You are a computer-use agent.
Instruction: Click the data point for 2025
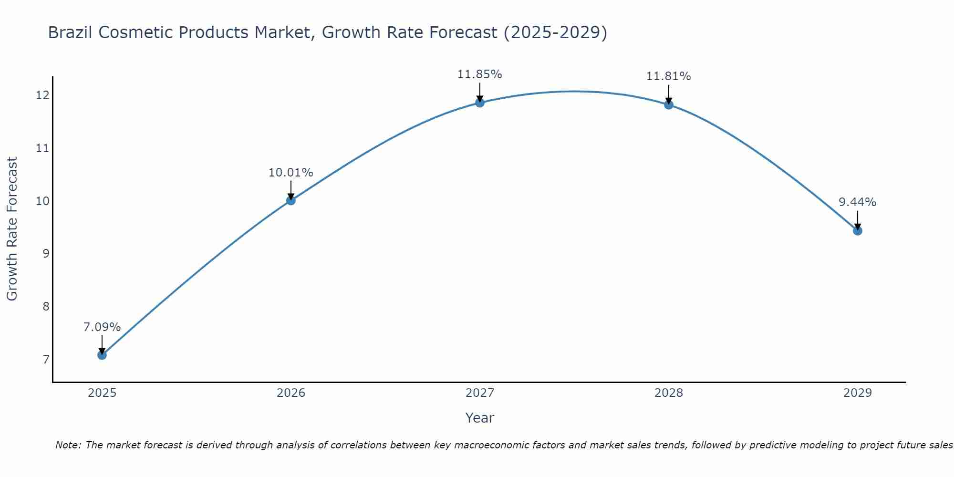click(x=102, y=355)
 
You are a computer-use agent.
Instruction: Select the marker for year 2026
click(x=291, y=200)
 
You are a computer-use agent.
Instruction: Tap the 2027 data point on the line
click(x=480, y=103)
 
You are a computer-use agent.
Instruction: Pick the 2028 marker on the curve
click(x=669, y=104)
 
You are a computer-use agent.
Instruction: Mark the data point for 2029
click(x=858, y=231)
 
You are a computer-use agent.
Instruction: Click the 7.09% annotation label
click(x=102, y=327)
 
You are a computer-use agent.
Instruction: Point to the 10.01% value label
click(x=291, y=173)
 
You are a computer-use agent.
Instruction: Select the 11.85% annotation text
click(x=480, y=74)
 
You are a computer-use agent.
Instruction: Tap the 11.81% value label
click(x=669, y=76)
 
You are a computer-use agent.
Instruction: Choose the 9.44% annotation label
click(x=858, y=202)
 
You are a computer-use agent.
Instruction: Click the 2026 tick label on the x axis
click(x=291, y=393)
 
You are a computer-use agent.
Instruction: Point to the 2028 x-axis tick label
click(x=669, y=393)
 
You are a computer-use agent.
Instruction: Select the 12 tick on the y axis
click(x=43, y=95)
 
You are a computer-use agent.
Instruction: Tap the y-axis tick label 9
click(x=46, y=253)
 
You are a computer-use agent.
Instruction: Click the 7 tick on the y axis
click(x=46, y=359)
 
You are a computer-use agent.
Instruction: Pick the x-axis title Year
click(x=480, y=418)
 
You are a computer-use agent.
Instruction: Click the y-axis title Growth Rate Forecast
click(x=12, y=229)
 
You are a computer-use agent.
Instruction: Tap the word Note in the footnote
click(x=68, y=445)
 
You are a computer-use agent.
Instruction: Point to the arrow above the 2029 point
click(x=858, y=219)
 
